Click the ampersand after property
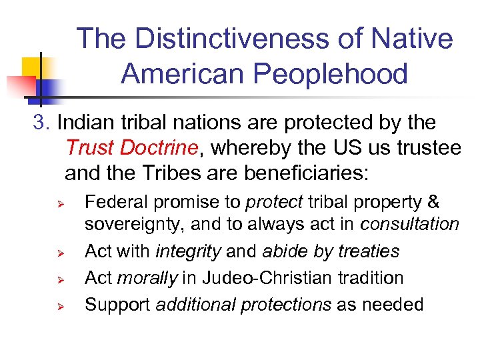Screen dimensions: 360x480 coord(433,202)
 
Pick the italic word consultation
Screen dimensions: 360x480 coord(409,225)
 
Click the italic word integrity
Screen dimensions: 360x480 coord(188,251)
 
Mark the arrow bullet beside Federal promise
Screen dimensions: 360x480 coord(59,202)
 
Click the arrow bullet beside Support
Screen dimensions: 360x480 coord(59,305)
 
